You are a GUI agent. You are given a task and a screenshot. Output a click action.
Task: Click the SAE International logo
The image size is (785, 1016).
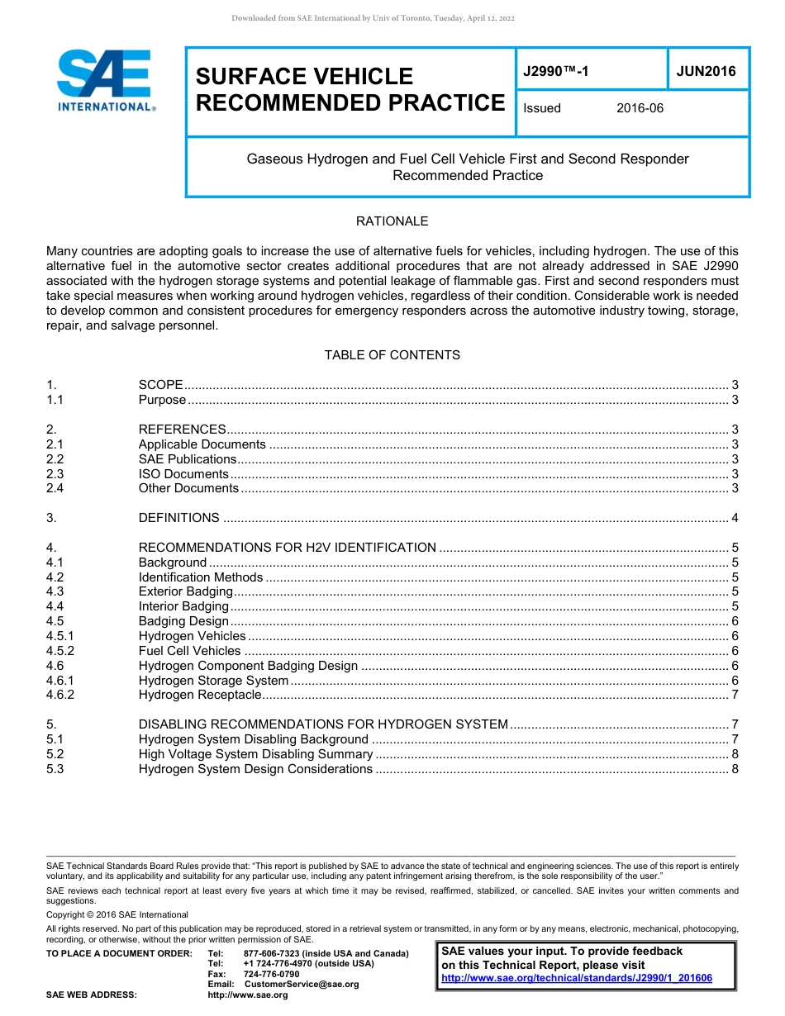click(105, 80)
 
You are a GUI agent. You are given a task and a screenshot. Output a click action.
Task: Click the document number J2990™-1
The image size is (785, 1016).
click(556, 72)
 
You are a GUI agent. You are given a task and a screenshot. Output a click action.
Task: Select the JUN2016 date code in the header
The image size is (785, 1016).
click(706, 72)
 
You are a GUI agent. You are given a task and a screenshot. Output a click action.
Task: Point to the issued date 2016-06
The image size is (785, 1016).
click(640, 108)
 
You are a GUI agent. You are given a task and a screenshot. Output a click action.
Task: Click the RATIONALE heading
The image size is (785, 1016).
click(392, 221)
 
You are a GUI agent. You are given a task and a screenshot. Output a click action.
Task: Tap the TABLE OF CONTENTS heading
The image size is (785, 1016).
click(392, 355)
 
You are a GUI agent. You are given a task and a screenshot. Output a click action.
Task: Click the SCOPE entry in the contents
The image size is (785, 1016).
click(160, 385)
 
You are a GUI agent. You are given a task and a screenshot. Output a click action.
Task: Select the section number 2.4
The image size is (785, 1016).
click(55, 488)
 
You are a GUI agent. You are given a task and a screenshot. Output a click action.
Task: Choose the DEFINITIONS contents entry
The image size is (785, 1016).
click(178, 518)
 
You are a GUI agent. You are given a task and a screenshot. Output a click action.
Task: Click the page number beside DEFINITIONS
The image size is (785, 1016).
click(735, 518)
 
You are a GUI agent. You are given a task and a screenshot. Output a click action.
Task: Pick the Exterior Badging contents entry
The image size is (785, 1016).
click(185, 591)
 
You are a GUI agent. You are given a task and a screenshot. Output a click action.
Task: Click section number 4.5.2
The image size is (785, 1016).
click(60, 651)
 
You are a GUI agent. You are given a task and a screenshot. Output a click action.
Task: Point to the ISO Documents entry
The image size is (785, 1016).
click(183, 474)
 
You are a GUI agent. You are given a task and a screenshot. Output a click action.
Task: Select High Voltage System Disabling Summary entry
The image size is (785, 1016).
click(255, 754)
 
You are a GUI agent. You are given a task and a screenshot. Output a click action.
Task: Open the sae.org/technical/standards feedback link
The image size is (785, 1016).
click(576, 978)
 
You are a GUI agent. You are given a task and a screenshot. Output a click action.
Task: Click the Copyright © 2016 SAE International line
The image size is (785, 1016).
click(117, 914)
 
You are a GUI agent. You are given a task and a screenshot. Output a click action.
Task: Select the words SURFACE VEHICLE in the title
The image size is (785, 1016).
click(304, 77)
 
